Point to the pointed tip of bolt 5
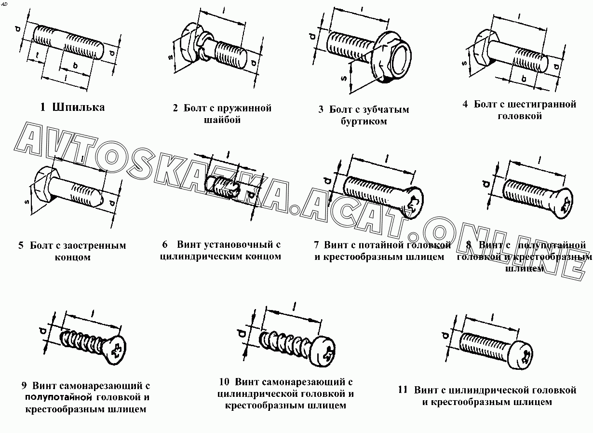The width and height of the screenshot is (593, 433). pos(100,197)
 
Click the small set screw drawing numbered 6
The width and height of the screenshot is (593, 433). pos(224,188)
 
